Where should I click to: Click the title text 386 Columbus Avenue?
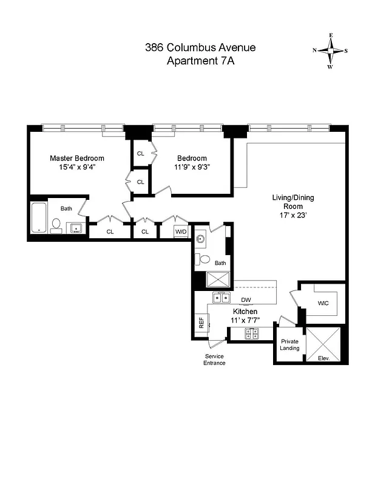pyautogui.click(x=200, y=47)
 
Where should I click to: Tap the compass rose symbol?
pyautogui.click(x=330, y=51)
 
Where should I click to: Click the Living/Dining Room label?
pyautogui.click(x=292, y=202)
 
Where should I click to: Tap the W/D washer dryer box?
pyautogui.click(x=181, y=231)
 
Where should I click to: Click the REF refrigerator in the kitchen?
pyautogui.click(x=201, y=323)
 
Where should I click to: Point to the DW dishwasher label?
pyautogui.click(x=246, y=299)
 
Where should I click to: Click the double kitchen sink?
pyautogui.click(x=221, y=298)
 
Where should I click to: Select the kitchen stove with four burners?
pyautogui.click(x=252, y=334)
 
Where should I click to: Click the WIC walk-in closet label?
pyautogui.click(x=323, y=303)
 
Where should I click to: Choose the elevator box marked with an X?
pyautogui.click(x=325, y=343)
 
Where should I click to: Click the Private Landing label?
pyautogui.click(x=289, y=344)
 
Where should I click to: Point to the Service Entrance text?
pyautogui.click(x=214, y=359)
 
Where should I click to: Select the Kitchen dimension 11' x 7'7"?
pyautogui.click(x=243, y=320)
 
